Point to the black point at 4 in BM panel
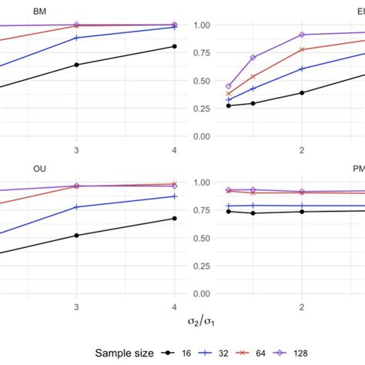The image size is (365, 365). click(175, 46)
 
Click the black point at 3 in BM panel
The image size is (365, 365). click(76, 65)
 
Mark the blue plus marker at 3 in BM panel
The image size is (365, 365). click(76, 38)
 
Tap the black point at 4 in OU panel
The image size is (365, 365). click(175, 219)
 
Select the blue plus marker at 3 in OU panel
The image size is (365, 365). click(76, 207)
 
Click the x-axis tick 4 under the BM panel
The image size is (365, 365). click(175, 149)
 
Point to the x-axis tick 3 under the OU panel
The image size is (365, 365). click(76, 306)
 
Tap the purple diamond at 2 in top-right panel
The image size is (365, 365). click(302, 35)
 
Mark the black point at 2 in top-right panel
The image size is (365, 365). click(302, 92)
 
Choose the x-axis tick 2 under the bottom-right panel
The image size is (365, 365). click(302, 306)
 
